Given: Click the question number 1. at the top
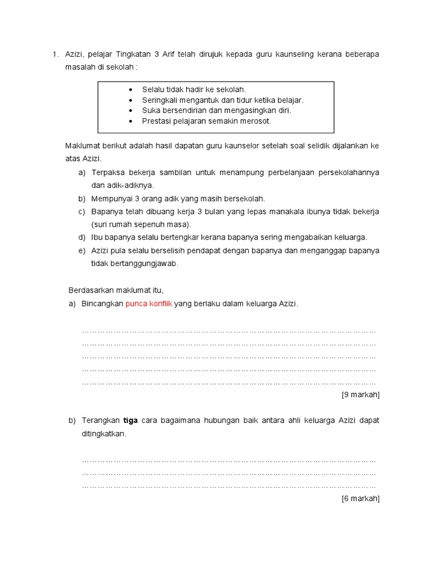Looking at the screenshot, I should click(55, 54).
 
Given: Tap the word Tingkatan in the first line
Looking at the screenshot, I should click(133, 54).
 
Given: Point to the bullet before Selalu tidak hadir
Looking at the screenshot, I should click(130, 90).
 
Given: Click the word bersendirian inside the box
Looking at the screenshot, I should click(182, 110).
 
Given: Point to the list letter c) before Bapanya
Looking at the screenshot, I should click(82, 211).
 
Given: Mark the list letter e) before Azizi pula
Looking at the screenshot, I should click(82, 250).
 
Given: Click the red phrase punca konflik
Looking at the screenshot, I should click(148, 304).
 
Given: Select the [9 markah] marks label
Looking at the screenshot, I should click(361, 394).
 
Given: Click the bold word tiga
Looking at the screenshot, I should click(131, 421).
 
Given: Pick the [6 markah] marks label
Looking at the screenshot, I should click(361, 498).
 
